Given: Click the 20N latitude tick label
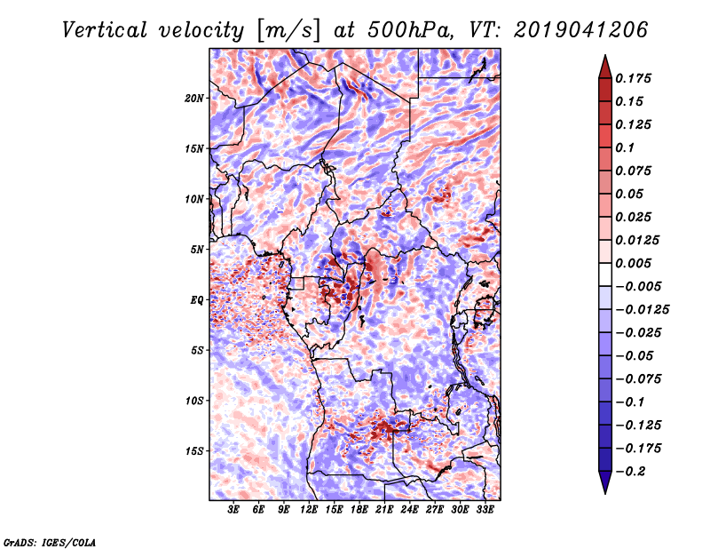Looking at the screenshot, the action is coord(193,99).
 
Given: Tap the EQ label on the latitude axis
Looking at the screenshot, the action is coord(196,300).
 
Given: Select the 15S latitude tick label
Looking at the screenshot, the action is coord(193,451).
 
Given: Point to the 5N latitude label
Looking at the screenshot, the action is coord(196,250).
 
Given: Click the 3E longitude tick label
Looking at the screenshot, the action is coord(233,510).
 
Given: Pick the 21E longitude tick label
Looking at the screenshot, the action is coord(384,510).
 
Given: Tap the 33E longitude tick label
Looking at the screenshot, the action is coord(485,510).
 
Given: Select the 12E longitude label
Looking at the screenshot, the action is coord(308,510).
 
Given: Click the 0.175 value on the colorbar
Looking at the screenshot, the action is coord(633,78).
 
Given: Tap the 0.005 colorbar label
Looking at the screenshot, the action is coord(633,263).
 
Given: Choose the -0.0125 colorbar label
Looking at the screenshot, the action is coord(642,310).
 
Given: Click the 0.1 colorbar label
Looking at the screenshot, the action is coord(625,147).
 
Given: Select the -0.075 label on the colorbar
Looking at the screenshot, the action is coord(638,379).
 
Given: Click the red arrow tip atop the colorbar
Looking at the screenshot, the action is coord(605,55).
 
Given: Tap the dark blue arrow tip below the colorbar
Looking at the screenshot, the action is coord(605,493).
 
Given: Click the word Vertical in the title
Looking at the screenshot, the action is coord(105,30).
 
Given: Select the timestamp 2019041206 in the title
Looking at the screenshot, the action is coord(581,30).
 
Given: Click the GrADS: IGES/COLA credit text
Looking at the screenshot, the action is coord(50,542).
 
